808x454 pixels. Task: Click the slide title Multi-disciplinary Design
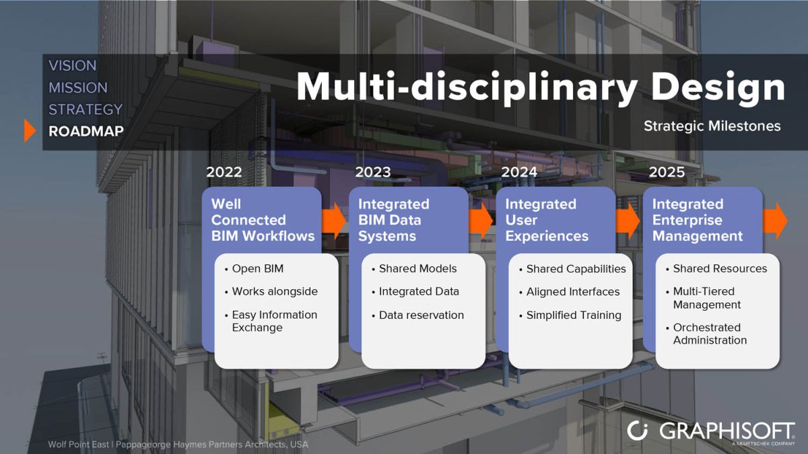pyautogui.click(x=540, y=87)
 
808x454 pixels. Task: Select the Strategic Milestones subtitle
pyautogui.click(x=712, y=126)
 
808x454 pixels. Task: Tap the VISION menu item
pyautogui.click(x=73, y=65)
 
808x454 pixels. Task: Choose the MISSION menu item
pyautogui.click(x=78, y=87)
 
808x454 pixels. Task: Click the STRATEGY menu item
pyautogui.click(x=86, y=109)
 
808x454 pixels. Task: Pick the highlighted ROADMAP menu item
pyautogui.click(x=86, y=131)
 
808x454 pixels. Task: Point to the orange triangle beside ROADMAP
pyautogui.click(x=30, y=130)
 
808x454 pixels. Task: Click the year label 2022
pyautogui.click(x=224, y=172)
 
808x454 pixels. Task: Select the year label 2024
pyautogui.click(x=519, y=172)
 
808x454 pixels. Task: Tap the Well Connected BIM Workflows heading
pyautogui.click(x=263, y=220)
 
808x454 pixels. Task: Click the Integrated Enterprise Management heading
pyautogui.click(x=697, y=220)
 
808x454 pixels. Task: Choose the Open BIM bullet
pyautogui.click(x=257, y=268)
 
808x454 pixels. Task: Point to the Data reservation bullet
pyautogui.click(x=421, y=315)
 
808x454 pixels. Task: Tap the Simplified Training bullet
pyautogui.click(x=573, y=315)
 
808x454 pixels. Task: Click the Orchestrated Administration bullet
pyautogui.click(x=710, y=334)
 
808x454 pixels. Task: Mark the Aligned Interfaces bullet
pyautogui.click(x=572, y=291)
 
